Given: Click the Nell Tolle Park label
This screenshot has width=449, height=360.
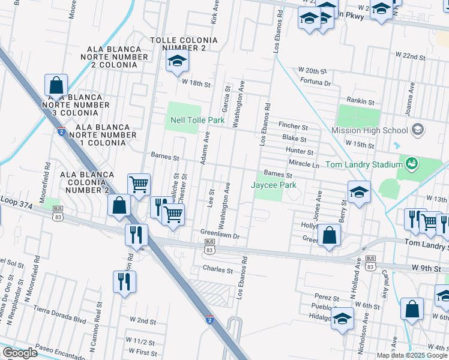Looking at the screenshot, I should click(197, 121).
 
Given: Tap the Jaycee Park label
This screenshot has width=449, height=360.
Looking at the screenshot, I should click(273, 185).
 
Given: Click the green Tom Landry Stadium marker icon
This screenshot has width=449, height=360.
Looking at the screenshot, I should click(411, 163).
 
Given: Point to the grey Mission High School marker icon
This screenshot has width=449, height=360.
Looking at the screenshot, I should click(418, 130).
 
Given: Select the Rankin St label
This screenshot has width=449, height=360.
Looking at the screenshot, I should click(360, 101).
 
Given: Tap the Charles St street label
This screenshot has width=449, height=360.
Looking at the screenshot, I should click(217, 270).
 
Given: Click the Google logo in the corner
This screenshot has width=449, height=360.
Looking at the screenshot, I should click(20, 353).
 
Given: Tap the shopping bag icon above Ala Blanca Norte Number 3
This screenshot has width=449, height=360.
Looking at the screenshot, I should click(56, 86).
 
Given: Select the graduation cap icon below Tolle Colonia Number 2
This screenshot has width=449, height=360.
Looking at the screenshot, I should click(178, 61).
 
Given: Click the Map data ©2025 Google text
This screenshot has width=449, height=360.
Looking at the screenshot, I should click(412, 355).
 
